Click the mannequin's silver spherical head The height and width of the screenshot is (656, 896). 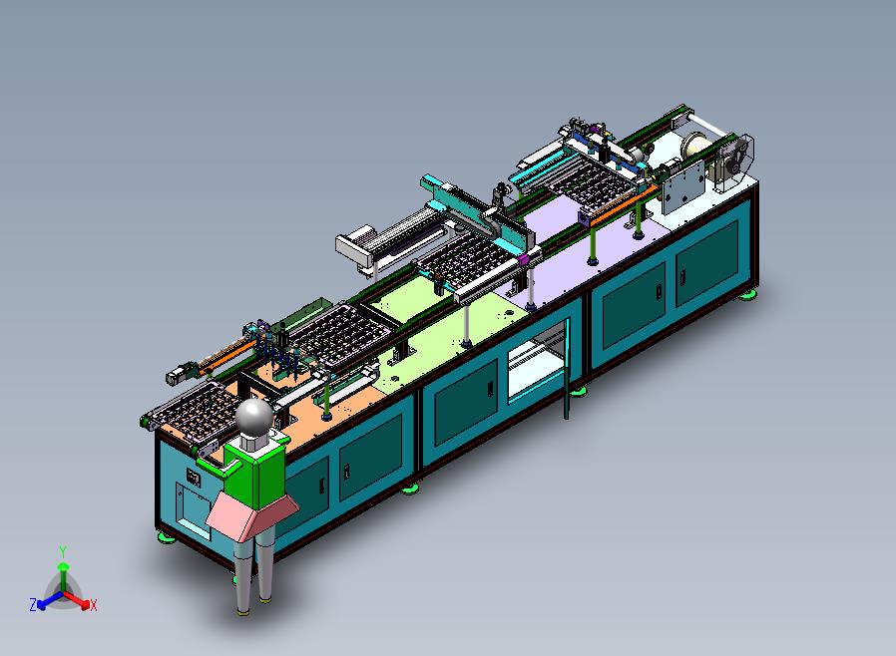254,416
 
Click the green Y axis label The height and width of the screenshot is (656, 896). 63,551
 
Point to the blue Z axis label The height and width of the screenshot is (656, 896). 33,604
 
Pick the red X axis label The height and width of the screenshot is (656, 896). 94,605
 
